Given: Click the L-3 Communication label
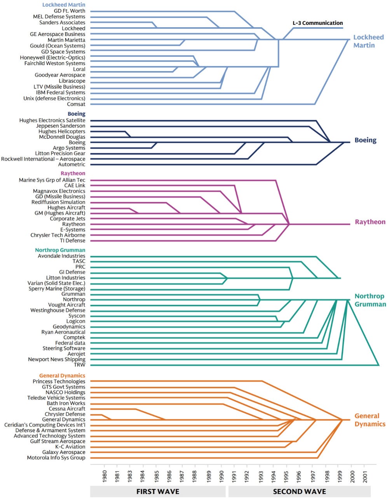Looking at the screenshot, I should [x=317, y=23].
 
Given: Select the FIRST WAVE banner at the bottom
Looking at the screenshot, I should [x=157, y=491].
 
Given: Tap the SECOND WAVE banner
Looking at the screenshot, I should [x=299, y=491].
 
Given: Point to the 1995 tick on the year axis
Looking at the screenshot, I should [x=286, y=476].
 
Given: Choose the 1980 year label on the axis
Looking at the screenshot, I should [x=104, y=476].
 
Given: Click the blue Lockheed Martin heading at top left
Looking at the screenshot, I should [x=64, y=5].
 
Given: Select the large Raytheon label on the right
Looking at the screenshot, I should [x=370, y=222].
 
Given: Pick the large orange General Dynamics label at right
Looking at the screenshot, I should [x=370, y=420].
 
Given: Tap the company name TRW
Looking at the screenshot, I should [x=79, y=365].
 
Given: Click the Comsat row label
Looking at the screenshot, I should [x=76, y=104].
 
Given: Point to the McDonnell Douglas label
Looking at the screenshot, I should [x=62, y=137].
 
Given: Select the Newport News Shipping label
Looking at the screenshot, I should [x=56, y=359].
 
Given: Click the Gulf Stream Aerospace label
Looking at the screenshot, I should [x=58, y=441].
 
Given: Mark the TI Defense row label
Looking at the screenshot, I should [x=72, y=241].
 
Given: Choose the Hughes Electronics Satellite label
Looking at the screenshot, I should [x=52, y=120].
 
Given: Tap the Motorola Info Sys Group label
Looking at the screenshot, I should [x=56, y=458].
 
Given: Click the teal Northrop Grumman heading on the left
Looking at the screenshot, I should [x=60, y=250].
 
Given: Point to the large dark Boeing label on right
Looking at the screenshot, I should [x=365, y=140].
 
